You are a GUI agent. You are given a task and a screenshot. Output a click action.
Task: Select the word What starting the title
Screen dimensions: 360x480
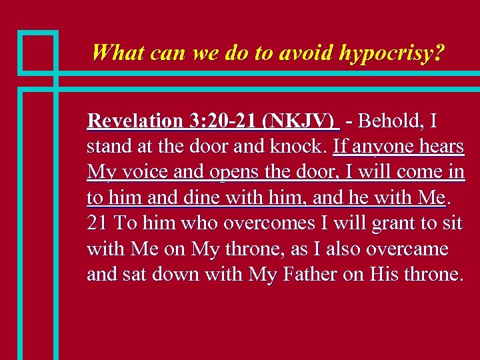tap(119, 52)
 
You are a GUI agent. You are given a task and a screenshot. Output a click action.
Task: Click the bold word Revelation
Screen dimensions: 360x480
tap(135, 121)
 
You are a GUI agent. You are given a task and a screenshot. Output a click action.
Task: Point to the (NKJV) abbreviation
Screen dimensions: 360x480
tap(298, 121)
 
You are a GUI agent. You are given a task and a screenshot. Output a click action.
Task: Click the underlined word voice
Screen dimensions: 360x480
tap(140, 172)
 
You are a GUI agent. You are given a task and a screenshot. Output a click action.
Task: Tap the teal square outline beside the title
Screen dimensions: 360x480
tap(37, 51)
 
